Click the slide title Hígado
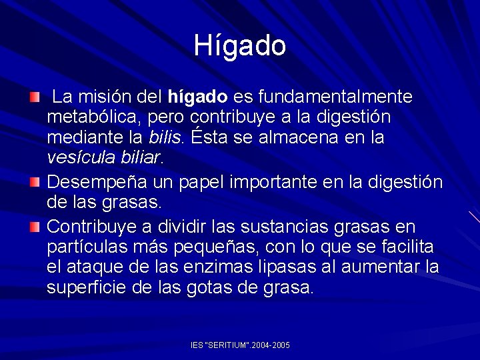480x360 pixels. coord(240,45)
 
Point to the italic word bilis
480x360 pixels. coord(165,138)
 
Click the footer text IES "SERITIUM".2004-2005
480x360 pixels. coord(240,345)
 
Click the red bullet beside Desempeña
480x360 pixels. coord(35,181)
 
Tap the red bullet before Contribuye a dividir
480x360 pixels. coord(35,227)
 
